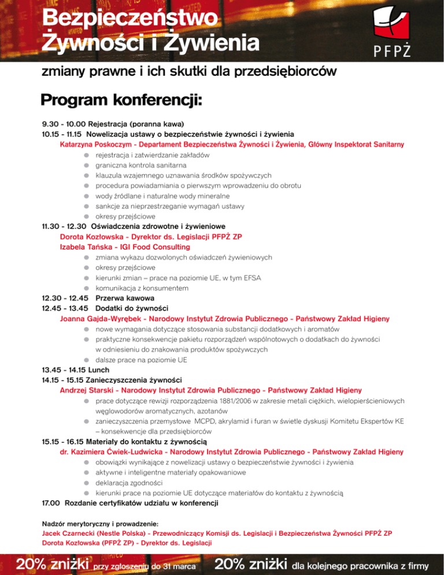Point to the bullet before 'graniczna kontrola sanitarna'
coord(85,165)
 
